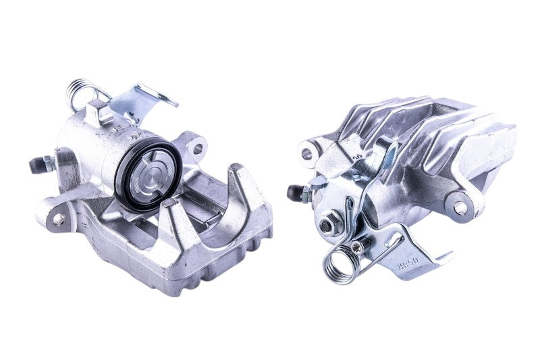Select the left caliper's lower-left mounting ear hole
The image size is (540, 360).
click(x=59, y=219)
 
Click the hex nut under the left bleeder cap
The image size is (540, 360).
click(x=47, y=163)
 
